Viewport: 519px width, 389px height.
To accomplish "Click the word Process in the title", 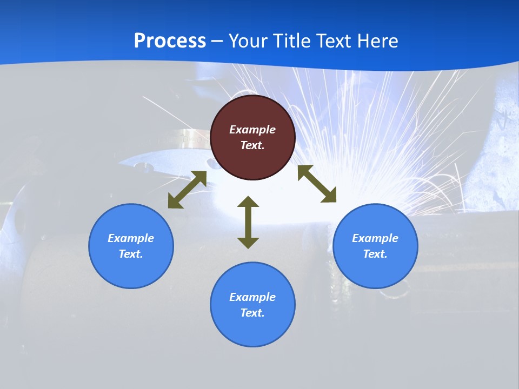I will point(170,41).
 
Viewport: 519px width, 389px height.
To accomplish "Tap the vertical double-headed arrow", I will point(248,222).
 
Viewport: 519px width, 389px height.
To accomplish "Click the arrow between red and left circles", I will point(187,190).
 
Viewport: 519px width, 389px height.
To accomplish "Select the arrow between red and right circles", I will point(317,184).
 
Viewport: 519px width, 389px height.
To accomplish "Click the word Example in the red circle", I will point(252,130).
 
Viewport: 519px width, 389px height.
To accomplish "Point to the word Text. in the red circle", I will point(252,145).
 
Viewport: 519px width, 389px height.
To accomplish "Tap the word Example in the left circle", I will point(131,238).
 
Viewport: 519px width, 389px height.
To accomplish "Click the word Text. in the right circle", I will point(375,254).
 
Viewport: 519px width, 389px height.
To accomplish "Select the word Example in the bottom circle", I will point(252,297).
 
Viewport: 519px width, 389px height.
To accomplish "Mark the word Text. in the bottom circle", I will point(252,313).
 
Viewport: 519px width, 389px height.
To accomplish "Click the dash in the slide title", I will point(217,41).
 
